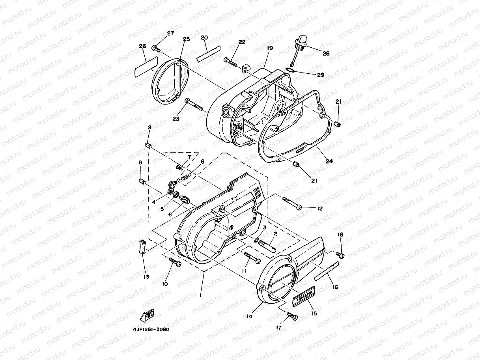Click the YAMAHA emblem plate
pyautogui.click(x=304, y=297)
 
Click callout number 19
pyautogui.click(x=269, y=48)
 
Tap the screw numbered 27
pyautogui.click(x=155, y=49)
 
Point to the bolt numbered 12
pyautogui.click(x=291, y=203)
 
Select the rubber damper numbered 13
pyautogui.click(x=142, y=246)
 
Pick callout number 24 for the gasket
pyautogui.click(x=329, y=161)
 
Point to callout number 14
pyautogui.click(x=250, y=316)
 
